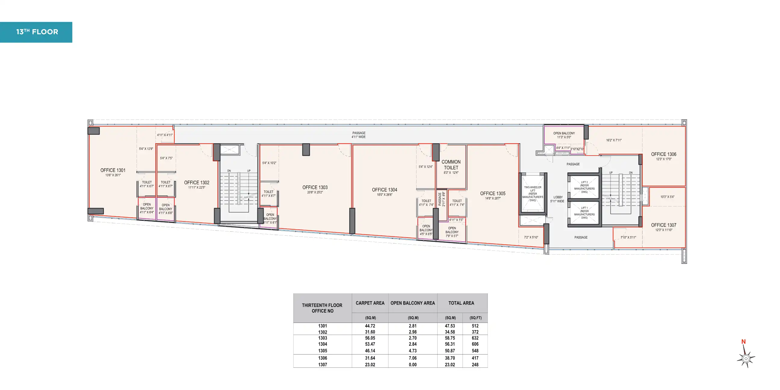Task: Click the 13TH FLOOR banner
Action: (x=36, y=32)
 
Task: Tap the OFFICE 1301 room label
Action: (x=113, y=170)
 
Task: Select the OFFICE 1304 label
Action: (x=384, y=190)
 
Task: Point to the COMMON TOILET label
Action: (x=451, y=165)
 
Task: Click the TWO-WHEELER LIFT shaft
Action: (x=533, y=194)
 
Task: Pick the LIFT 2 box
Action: (x=584, y=187)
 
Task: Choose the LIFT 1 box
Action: (x=584, y=213)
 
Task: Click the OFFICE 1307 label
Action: (x=664, y=225)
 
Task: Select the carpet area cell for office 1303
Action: (x=370, y=338)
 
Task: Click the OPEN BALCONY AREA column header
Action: (x=412, y=303)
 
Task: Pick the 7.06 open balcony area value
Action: (x=412, y=358)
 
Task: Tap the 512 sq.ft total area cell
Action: (x=475, y=326)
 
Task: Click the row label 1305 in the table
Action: (x=323, y=351)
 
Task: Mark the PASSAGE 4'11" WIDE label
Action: (x=358, y=135)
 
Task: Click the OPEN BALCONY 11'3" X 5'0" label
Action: (x=564, y=135)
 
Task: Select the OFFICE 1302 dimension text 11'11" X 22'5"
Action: (x=197, y=187)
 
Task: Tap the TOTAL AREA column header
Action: (x=461, y=303)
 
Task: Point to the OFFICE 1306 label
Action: (x=664, y=154)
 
